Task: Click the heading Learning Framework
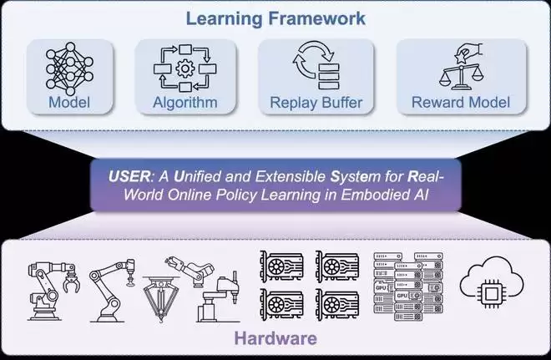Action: point(275,16)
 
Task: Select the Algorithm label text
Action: point(185,104)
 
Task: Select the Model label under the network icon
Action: point(68,104)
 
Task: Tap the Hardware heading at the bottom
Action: point(275,337)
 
